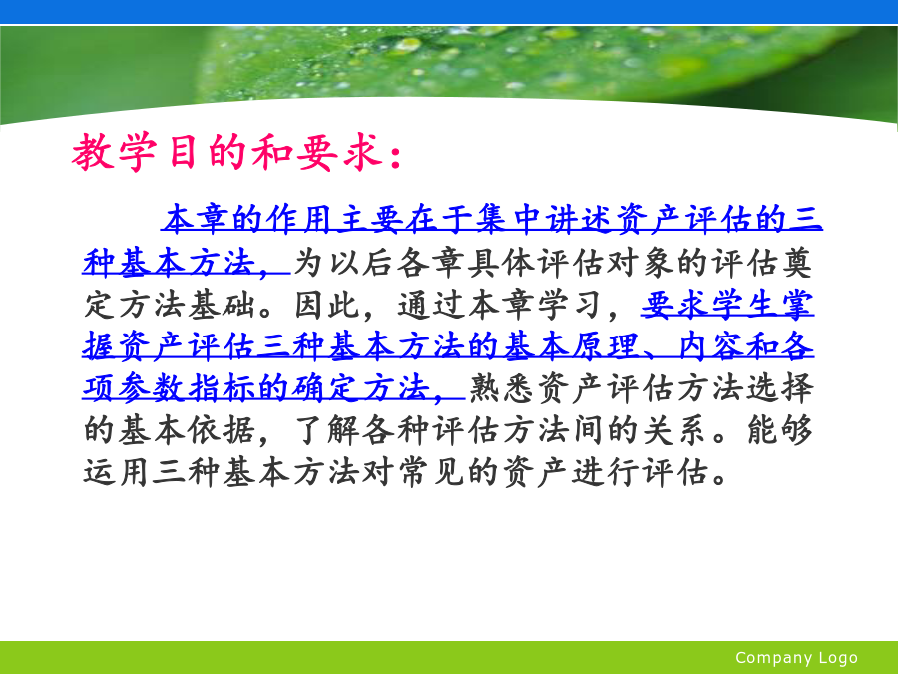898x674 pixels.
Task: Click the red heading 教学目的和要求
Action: pos(227,152)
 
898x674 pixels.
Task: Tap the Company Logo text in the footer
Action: pos(796,657)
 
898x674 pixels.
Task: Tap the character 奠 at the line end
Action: pos(796,262)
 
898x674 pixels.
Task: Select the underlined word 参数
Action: pos(153,388)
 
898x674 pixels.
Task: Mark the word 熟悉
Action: pos(502,388)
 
